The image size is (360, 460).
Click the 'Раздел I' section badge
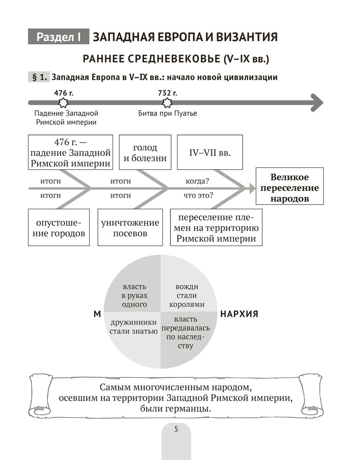pos(58,37)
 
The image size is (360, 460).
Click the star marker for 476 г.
pos(64,102)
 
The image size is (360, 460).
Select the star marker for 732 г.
pos(167,102)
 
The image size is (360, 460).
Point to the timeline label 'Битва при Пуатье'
pos(167,113)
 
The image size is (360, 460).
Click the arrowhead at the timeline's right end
pos(316,102)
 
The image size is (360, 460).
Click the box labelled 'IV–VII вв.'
pos(210,153)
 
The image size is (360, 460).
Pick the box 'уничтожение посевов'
pos(131,228)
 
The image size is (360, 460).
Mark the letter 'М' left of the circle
pos(97,314)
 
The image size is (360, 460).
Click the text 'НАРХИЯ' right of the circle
pos(239,314)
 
